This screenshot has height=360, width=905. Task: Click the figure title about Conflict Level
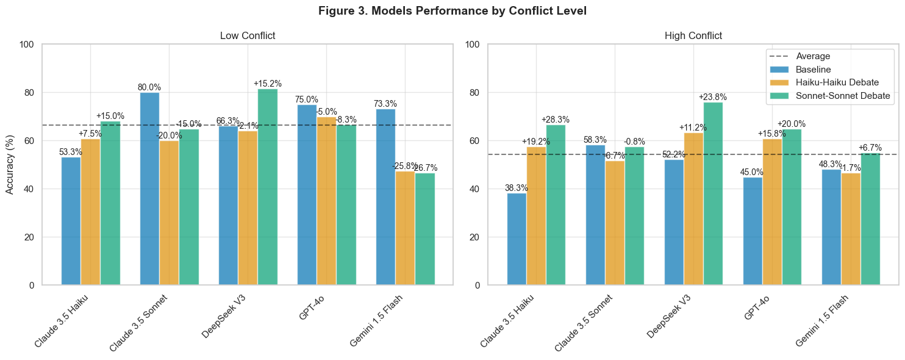click(x=452, y=11)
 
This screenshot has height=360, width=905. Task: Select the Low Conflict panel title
click(x=248, y=35)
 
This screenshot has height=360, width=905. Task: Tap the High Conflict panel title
click(x=693, y=35)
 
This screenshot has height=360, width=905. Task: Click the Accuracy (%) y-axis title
click(x=10, y=165)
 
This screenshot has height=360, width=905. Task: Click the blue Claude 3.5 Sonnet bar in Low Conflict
click(x=149, y=189)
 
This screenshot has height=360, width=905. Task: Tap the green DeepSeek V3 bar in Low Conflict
click(x=268, y=187)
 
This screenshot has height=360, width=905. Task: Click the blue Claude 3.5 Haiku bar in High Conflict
click(x=517, y=239)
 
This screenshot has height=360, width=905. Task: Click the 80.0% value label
click(x=149, y=87)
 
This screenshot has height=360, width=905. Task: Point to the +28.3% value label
click(x=556, y=120)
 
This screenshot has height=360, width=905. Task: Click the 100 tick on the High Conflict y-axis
click(x=473, y=45)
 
